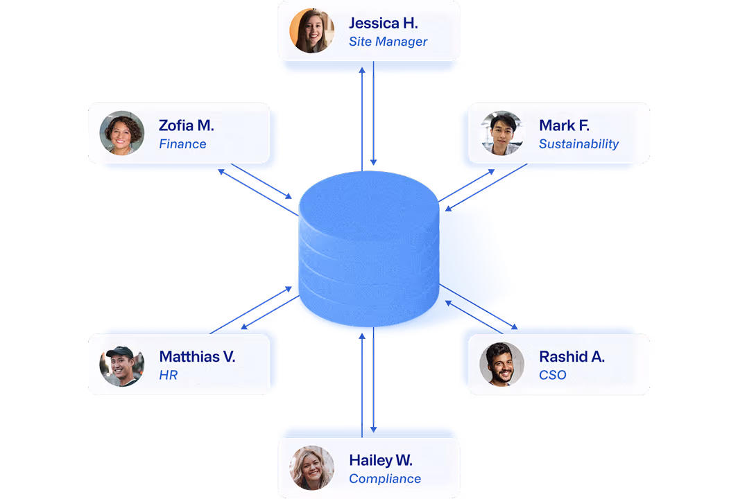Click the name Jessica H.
[x=383, y=23]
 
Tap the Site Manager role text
[x=388, y=42]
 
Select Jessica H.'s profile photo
[x=312, y=31]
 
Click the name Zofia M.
[x=186, y=125]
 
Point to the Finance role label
[x=182, y=144]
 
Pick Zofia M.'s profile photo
[x=122, y=133]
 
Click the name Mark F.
[x=564, y=125]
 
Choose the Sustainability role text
[x=578, y=144]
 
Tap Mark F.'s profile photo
[x=502, y=133]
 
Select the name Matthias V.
[x=197, y=357]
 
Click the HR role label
[x=169, y=376]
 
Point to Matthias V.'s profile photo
[x=122, y=365]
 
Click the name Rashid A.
[x=572, y=357]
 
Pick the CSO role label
[x=553, y=376]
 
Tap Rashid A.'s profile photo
[x=502, y=365]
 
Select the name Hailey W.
[x=381, y=460]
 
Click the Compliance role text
[x=385, y=479]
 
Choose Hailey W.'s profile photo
[x=312, y=468]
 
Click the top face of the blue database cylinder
[x=368, y=201]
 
